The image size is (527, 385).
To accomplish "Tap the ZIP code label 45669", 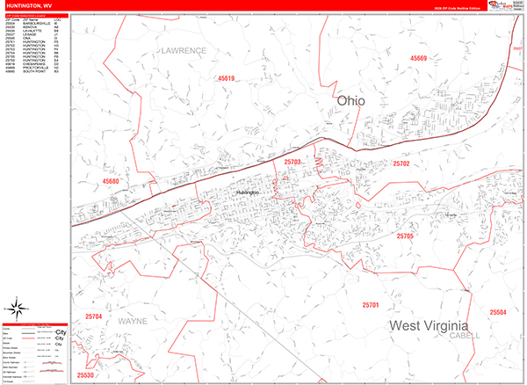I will tap(418, 59).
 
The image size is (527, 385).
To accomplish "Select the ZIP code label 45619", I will tap(227, 79).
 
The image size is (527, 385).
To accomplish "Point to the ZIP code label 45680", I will tap(111, 181).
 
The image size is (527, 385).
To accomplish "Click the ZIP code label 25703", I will tap(292, 163).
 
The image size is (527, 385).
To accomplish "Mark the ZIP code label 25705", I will tap(405, 237).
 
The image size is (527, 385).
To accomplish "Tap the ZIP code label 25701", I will tap(370, 305).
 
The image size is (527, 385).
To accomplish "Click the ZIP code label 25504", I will tap(498, 313).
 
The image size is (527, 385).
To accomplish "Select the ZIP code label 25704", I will tap(94, 316).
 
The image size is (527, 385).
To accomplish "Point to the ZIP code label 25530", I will tap(85, 375).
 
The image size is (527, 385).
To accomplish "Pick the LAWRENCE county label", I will tap(183, 51).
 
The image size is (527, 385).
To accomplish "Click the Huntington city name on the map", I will tap(250, 192).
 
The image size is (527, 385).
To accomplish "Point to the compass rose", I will tap(16, 309).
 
